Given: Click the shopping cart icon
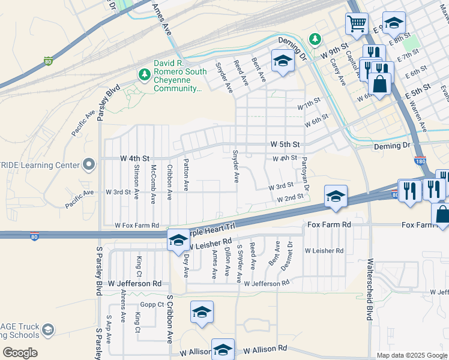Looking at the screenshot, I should (357, 25).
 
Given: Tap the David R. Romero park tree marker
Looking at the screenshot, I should (143, 74).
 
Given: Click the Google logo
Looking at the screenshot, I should (20, 353).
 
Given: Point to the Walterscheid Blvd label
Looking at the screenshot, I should (370, 290).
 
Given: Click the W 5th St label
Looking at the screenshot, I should (285, 145).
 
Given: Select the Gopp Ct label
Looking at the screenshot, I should (152, 305).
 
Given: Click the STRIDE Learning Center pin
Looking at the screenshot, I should (89, 164).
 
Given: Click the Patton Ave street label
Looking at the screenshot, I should (187, 175).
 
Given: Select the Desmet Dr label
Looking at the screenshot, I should (291, 253).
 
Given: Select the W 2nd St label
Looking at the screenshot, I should (290, 198).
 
